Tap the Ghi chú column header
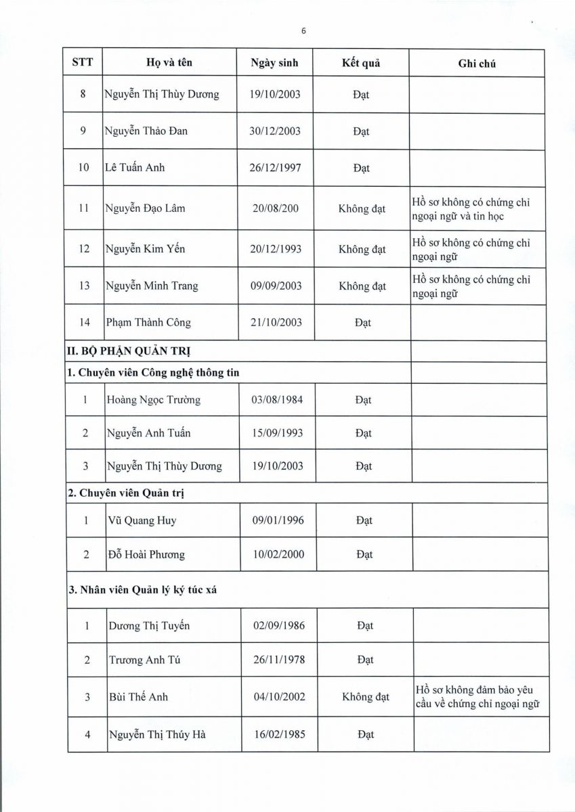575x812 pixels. tap(477, 64)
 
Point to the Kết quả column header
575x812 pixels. tap(361, 63)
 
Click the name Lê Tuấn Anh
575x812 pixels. tap(133, 168)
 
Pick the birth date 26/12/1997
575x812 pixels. tap(275, 168)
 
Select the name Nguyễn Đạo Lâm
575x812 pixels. tap(144, 208)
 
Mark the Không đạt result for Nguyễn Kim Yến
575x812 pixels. tap(362, 249)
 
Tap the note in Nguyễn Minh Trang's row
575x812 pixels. tap(471, 286)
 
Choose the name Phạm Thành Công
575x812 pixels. tap(148, 323)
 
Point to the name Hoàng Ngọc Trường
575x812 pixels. tap(154, 400)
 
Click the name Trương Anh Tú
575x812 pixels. tap(144, 660)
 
